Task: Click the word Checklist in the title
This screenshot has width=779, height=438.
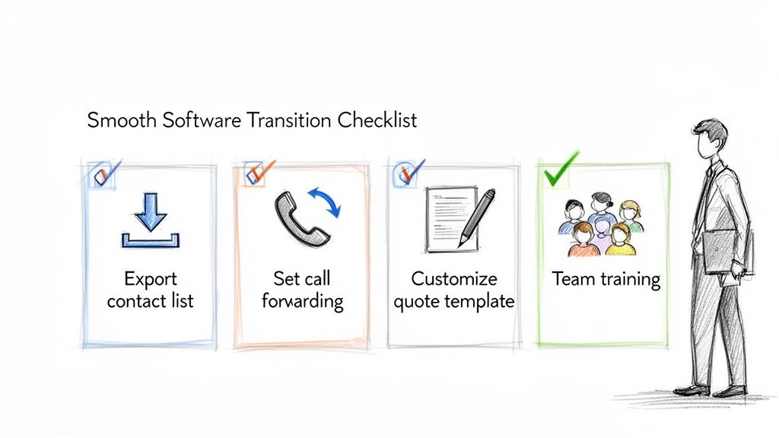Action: pyautogui.click(x=378, y=120)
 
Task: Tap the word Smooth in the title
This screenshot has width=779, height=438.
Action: pyautogui.click(x=119, y=120)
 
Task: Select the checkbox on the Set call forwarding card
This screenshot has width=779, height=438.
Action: pyautogui.click(x=256, y=174)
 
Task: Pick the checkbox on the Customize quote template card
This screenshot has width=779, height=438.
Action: pyautogui.click(x=405, y=175)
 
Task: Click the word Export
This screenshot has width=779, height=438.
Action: pyautogui.click(x=150, y=278)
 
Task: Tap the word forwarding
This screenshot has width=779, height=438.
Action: pyautogui.click(x=302, y=301)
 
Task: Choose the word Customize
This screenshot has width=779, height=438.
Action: pyautogui.click(x=453, y=278)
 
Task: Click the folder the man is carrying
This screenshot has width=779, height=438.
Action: pyautogui.click(x=721, y=252)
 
